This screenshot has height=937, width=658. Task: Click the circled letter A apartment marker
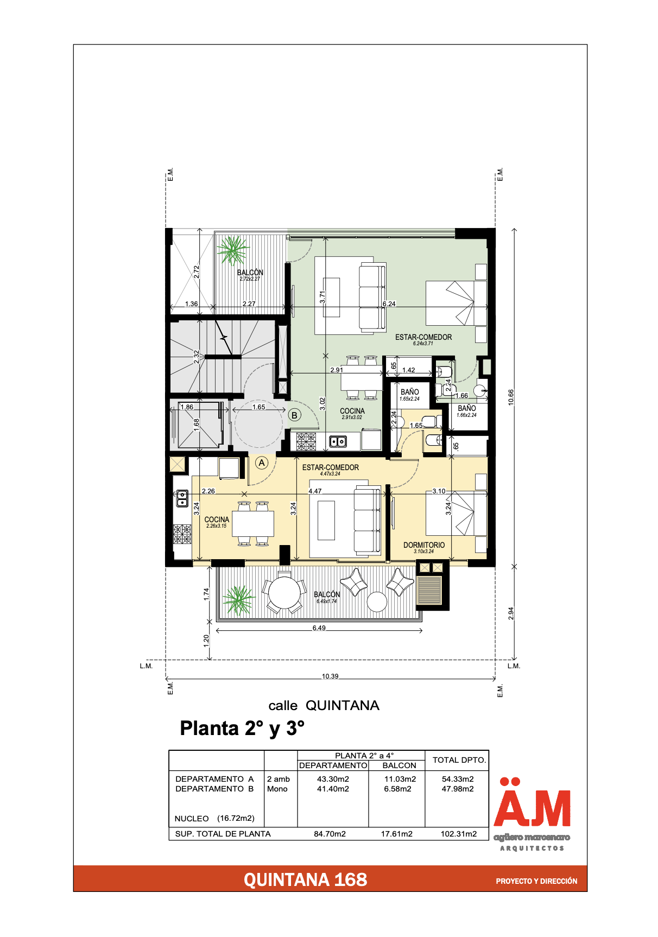tap(262, 463)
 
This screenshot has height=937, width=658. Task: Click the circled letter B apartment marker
tap(294, 415)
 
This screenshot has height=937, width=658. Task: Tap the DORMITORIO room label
tap(424, 545)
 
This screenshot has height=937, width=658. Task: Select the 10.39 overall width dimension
tap(330, 676)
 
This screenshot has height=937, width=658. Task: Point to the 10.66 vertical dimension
tap(511, 397)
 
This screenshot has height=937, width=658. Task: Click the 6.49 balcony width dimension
tap(319, 628)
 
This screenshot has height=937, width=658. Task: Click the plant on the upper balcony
tap(233, 250)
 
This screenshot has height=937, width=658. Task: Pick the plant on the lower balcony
tap(238, 599)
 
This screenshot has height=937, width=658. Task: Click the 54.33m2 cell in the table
tap(458, 779)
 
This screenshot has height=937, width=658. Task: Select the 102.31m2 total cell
tap(459, 834)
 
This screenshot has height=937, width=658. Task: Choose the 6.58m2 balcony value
tap(398, 789)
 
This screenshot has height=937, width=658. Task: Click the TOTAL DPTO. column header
tap(459, 760)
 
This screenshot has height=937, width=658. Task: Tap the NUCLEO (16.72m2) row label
tap(214, 818)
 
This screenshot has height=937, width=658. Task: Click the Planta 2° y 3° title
tap(242, 729)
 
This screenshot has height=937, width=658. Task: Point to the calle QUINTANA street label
tap(324, 706)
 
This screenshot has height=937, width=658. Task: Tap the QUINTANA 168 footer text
tap(305, 879)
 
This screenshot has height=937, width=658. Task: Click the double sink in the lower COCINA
tap(182, 498)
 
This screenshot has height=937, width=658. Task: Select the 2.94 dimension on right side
tap(511, 613)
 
